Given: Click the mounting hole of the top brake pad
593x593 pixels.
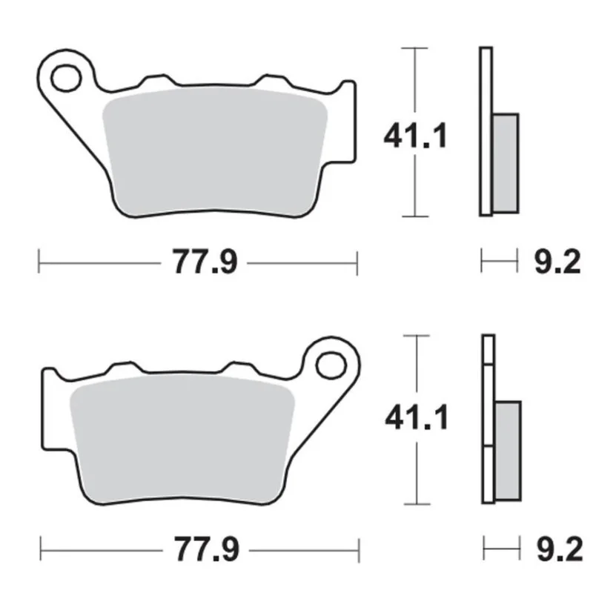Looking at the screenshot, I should point(65,76).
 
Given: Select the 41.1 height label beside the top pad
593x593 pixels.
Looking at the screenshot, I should point(416,136).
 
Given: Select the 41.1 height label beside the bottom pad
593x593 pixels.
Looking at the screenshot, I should point(416,420).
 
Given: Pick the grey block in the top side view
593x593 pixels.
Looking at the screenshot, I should point(506,160).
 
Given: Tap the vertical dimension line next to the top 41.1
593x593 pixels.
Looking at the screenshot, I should point(414,185).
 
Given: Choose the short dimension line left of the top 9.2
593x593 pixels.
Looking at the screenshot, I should point(499,260).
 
